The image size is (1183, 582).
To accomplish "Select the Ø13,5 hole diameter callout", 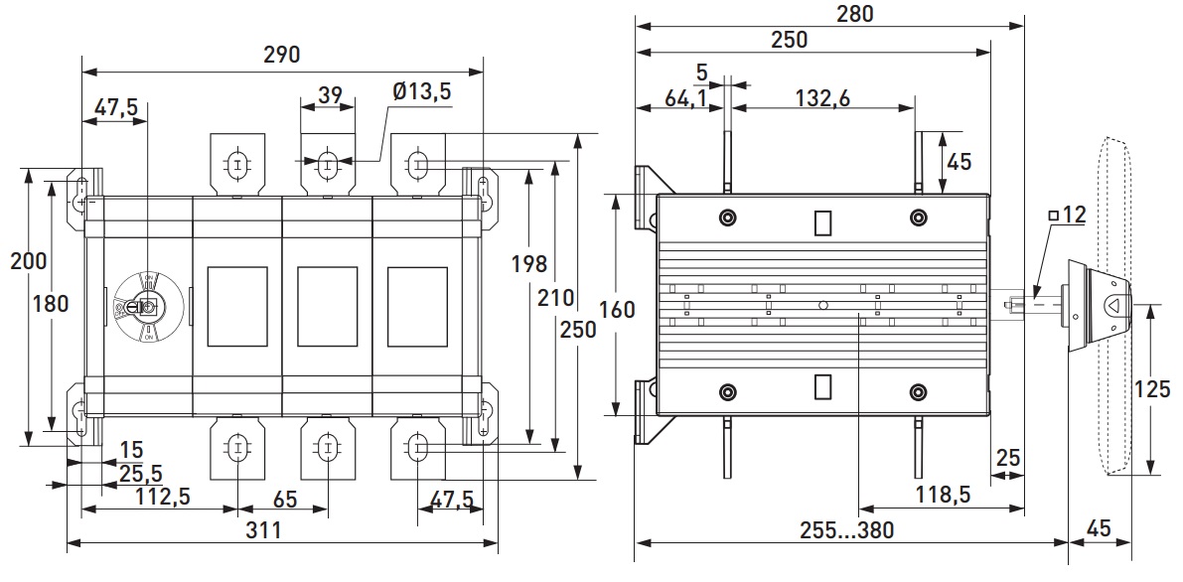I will [421, 91].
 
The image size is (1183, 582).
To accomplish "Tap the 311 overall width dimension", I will [263, 530].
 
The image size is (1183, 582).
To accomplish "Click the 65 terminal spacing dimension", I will [285, 497].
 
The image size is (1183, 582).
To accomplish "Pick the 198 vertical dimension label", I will [527, 264].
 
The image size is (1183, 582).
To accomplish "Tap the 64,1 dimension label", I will [665, 98].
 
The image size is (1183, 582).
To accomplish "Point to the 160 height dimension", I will [617, 309].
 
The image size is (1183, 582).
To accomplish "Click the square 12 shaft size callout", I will [1067, 214].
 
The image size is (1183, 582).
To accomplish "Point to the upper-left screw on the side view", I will [728, 218].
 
